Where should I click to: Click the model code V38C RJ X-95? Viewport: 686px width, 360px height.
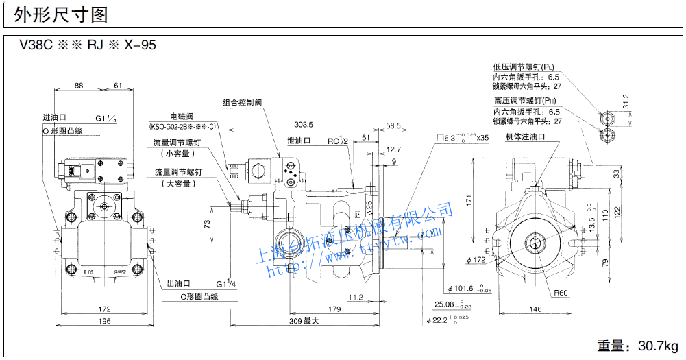pos(88,46)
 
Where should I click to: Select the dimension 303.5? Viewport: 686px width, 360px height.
pos(303,125)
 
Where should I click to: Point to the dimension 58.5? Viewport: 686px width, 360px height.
pos(393,126)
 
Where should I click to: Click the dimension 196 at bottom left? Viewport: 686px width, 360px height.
pos(103,322)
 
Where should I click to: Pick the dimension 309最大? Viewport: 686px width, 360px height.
pos(304,321)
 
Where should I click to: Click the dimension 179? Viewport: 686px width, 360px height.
pos(334,309)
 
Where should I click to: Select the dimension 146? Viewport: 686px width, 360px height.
pos(536,309)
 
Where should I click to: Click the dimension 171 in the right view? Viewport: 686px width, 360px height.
pos(469,201)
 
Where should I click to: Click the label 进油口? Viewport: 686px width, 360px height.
pos(54,117)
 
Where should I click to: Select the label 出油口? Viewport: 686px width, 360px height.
pos(177,283)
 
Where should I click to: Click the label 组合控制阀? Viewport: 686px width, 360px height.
pos(243,102)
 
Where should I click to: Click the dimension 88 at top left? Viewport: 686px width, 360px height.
pos(79,86)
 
